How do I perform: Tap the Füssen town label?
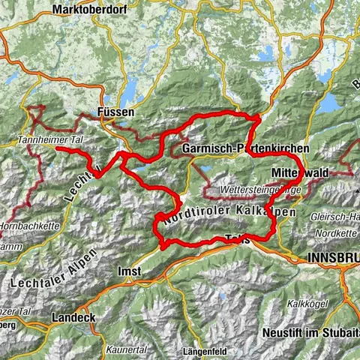(x=116, y=112)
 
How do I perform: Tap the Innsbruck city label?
(x=333, y=257)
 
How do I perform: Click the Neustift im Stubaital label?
(x=311, y=331)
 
